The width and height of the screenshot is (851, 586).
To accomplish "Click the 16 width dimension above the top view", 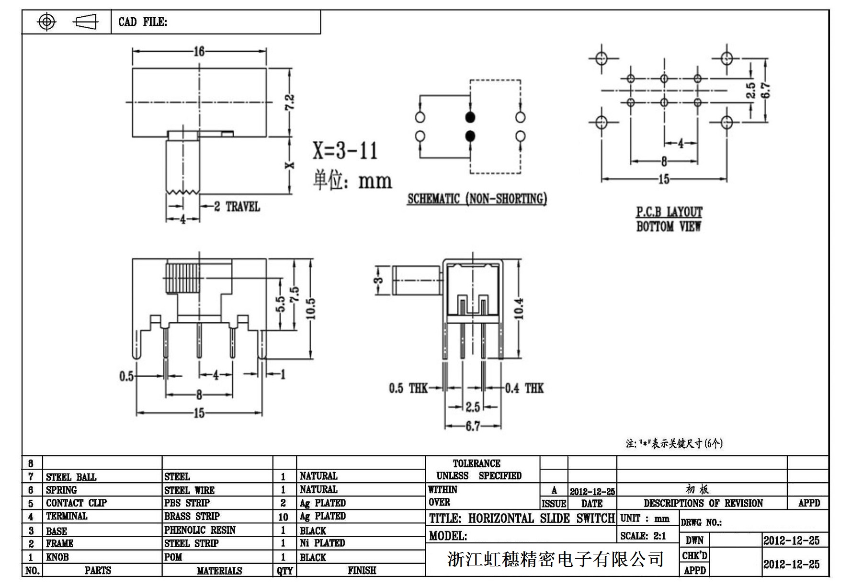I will [x=199, y=51].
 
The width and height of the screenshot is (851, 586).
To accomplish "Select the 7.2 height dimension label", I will [x=290, y=102].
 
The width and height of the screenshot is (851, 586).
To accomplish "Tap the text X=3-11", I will [x=345, y=150].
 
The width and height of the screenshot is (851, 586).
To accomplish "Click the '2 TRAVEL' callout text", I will [x=237, y=207].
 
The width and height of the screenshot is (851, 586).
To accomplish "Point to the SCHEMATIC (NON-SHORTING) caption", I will [x=477, y=199].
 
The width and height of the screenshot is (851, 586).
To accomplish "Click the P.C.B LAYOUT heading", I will [x=669, y=212].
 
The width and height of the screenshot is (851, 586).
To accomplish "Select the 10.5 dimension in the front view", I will [x=311, y=308].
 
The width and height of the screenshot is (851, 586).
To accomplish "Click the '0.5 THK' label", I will [x=408, y=388].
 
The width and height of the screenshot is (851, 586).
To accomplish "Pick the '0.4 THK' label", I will [x=525, y=388].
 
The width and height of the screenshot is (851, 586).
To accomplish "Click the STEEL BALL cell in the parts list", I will [x=71, y=477].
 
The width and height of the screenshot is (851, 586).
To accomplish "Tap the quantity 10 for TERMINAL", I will [x=284, y=517].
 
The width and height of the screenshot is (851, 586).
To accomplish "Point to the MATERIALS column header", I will [x=219, y=571].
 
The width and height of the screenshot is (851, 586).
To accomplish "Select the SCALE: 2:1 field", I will [x=643, y=536].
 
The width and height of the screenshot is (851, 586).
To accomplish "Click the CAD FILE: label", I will [x=143, y=22].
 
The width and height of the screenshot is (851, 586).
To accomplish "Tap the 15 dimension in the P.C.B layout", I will [x=664, y=179].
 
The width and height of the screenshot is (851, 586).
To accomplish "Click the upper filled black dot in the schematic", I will [x=470, y=117].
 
